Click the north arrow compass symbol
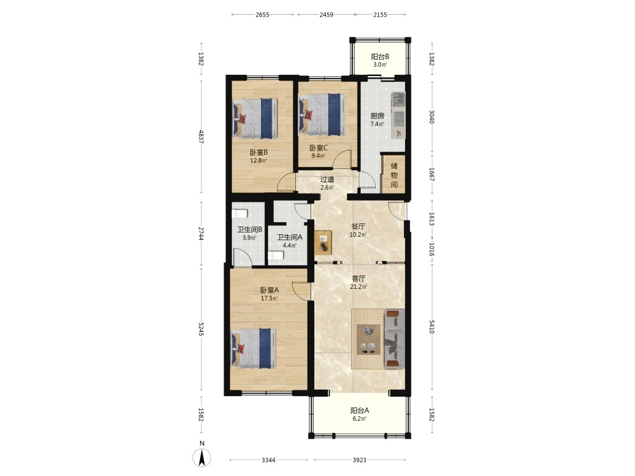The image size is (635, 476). click(x=202, y=458)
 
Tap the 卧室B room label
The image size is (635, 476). click(x=258, y=152)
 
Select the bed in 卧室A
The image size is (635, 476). click(x=254, y=348)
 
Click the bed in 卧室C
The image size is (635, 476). click(x=322, y=114)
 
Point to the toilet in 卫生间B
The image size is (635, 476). click(x=240, y=213)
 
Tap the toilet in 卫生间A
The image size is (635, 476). click(x=276, y=256)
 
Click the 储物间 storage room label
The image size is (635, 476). click(x=394, y=175)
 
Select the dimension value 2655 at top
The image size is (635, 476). click(x=262, y=15)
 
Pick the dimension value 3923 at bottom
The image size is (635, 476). click(x=359, y=459)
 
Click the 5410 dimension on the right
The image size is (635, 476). click(x=432, y=327)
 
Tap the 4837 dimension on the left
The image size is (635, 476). click(x=201, y=136)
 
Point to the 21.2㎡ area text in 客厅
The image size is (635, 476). click(x=358, y=287)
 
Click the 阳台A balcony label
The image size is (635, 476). click(x=359, y=411)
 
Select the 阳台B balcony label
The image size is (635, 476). click(x=380, y=56)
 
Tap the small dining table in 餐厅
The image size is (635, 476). click(x=323, y=242)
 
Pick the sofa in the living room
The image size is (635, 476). click(x=394, y=338)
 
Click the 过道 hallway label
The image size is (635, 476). click(x=327, y=180)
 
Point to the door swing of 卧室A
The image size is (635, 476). click(x=301, y=291)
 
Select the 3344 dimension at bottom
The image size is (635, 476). click(x=269, y=459)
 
